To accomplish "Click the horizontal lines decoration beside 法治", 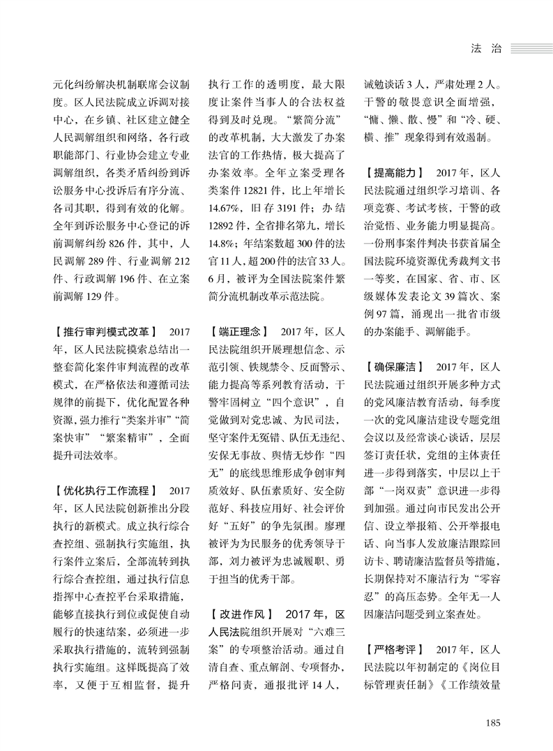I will click(530, 50).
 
